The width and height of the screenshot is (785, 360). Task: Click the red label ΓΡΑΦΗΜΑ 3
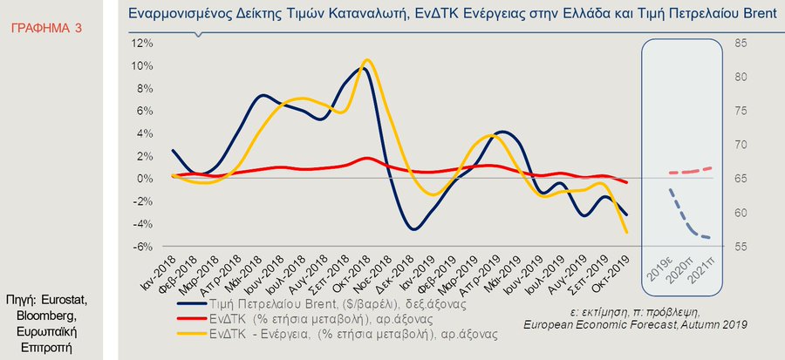tap(45, 29)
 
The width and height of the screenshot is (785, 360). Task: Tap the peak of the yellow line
tap(366, 60)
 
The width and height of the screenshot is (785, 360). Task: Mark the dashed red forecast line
tap(689, 171)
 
